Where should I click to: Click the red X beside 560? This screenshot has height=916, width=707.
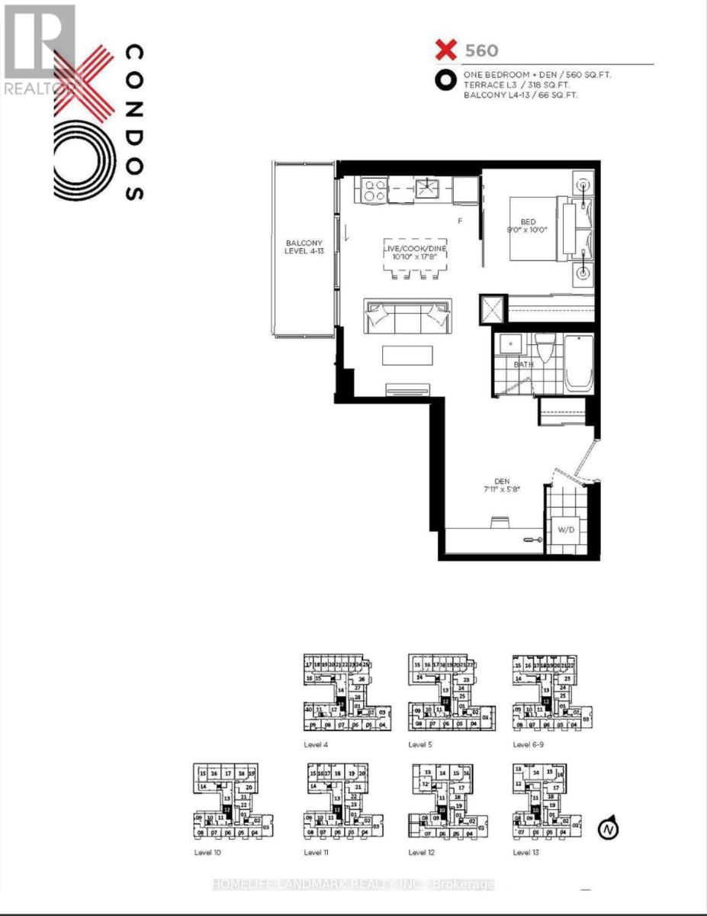(445, 52)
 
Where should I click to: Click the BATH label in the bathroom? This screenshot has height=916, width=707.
(523, 365)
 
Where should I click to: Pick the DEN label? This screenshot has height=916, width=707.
(501, 481)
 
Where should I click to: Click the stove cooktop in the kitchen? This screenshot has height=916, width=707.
(373, 189)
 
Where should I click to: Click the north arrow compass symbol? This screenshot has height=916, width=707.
(609, 828)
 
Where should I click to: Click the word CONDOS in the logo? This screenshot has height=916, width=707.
(133, 122)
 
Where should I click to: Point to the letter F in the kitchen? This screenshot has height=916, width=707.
(459, 221)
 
